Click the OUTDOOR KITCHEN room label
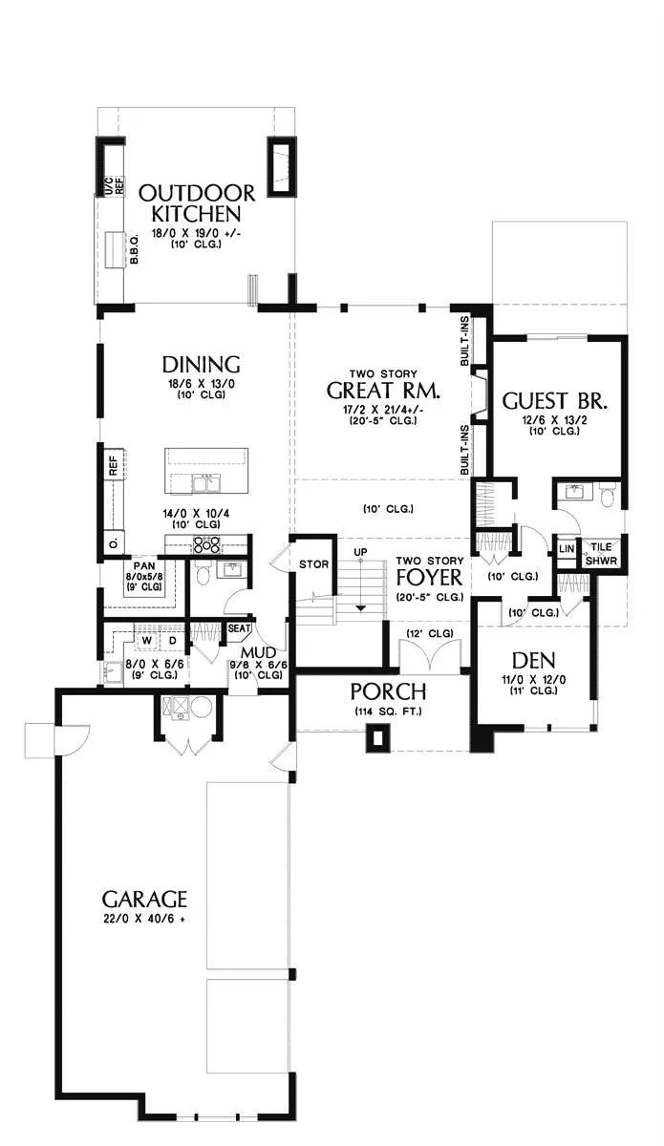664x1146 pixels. coord(197,202)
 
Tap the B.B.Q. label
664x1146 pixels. coord(134,248)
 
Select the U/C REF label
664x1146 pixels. coord(115,184)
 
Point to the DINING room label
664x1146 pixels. coord(201,364)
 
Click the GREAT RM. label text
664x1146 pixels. coord(383,391)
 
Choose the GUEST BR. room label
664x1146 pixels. coord(554,400)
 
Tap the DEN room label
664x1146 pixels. coord(533,661)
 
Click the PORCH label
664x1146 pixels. coord(388,691)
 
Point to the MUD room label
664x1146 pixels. coord(259,652)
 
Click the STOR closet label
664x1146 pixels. coord(313,563)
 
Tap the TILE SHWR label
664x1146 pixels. coord(601,554)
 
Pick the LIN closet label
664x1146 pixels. coord(567,549)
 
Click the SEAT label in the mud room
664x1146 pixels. coord(239,627)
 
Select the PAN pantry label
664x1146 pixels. coord(144,565)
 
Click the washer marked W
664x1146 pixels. coord(147,640)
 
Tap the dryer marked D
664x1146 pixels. coord(173,640)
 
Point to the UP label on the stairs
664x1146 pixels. coord(360,552)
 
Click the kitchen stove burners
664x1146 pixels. coord(206,545)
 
